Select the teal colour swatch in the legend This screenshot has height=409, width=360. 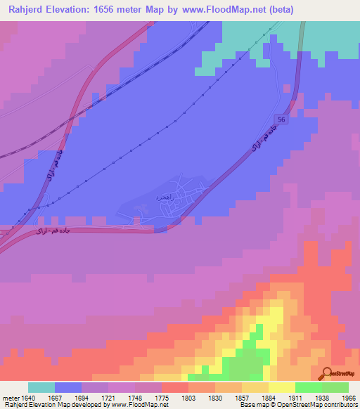point(41,387)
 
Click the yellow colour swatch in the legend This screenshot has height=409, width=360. point(281,387)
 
